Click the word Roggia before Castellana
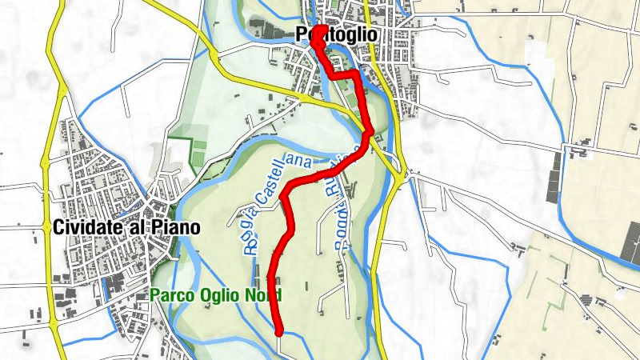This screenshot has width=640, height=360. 250,229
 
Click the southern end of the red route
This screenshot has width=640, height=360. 279,331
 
